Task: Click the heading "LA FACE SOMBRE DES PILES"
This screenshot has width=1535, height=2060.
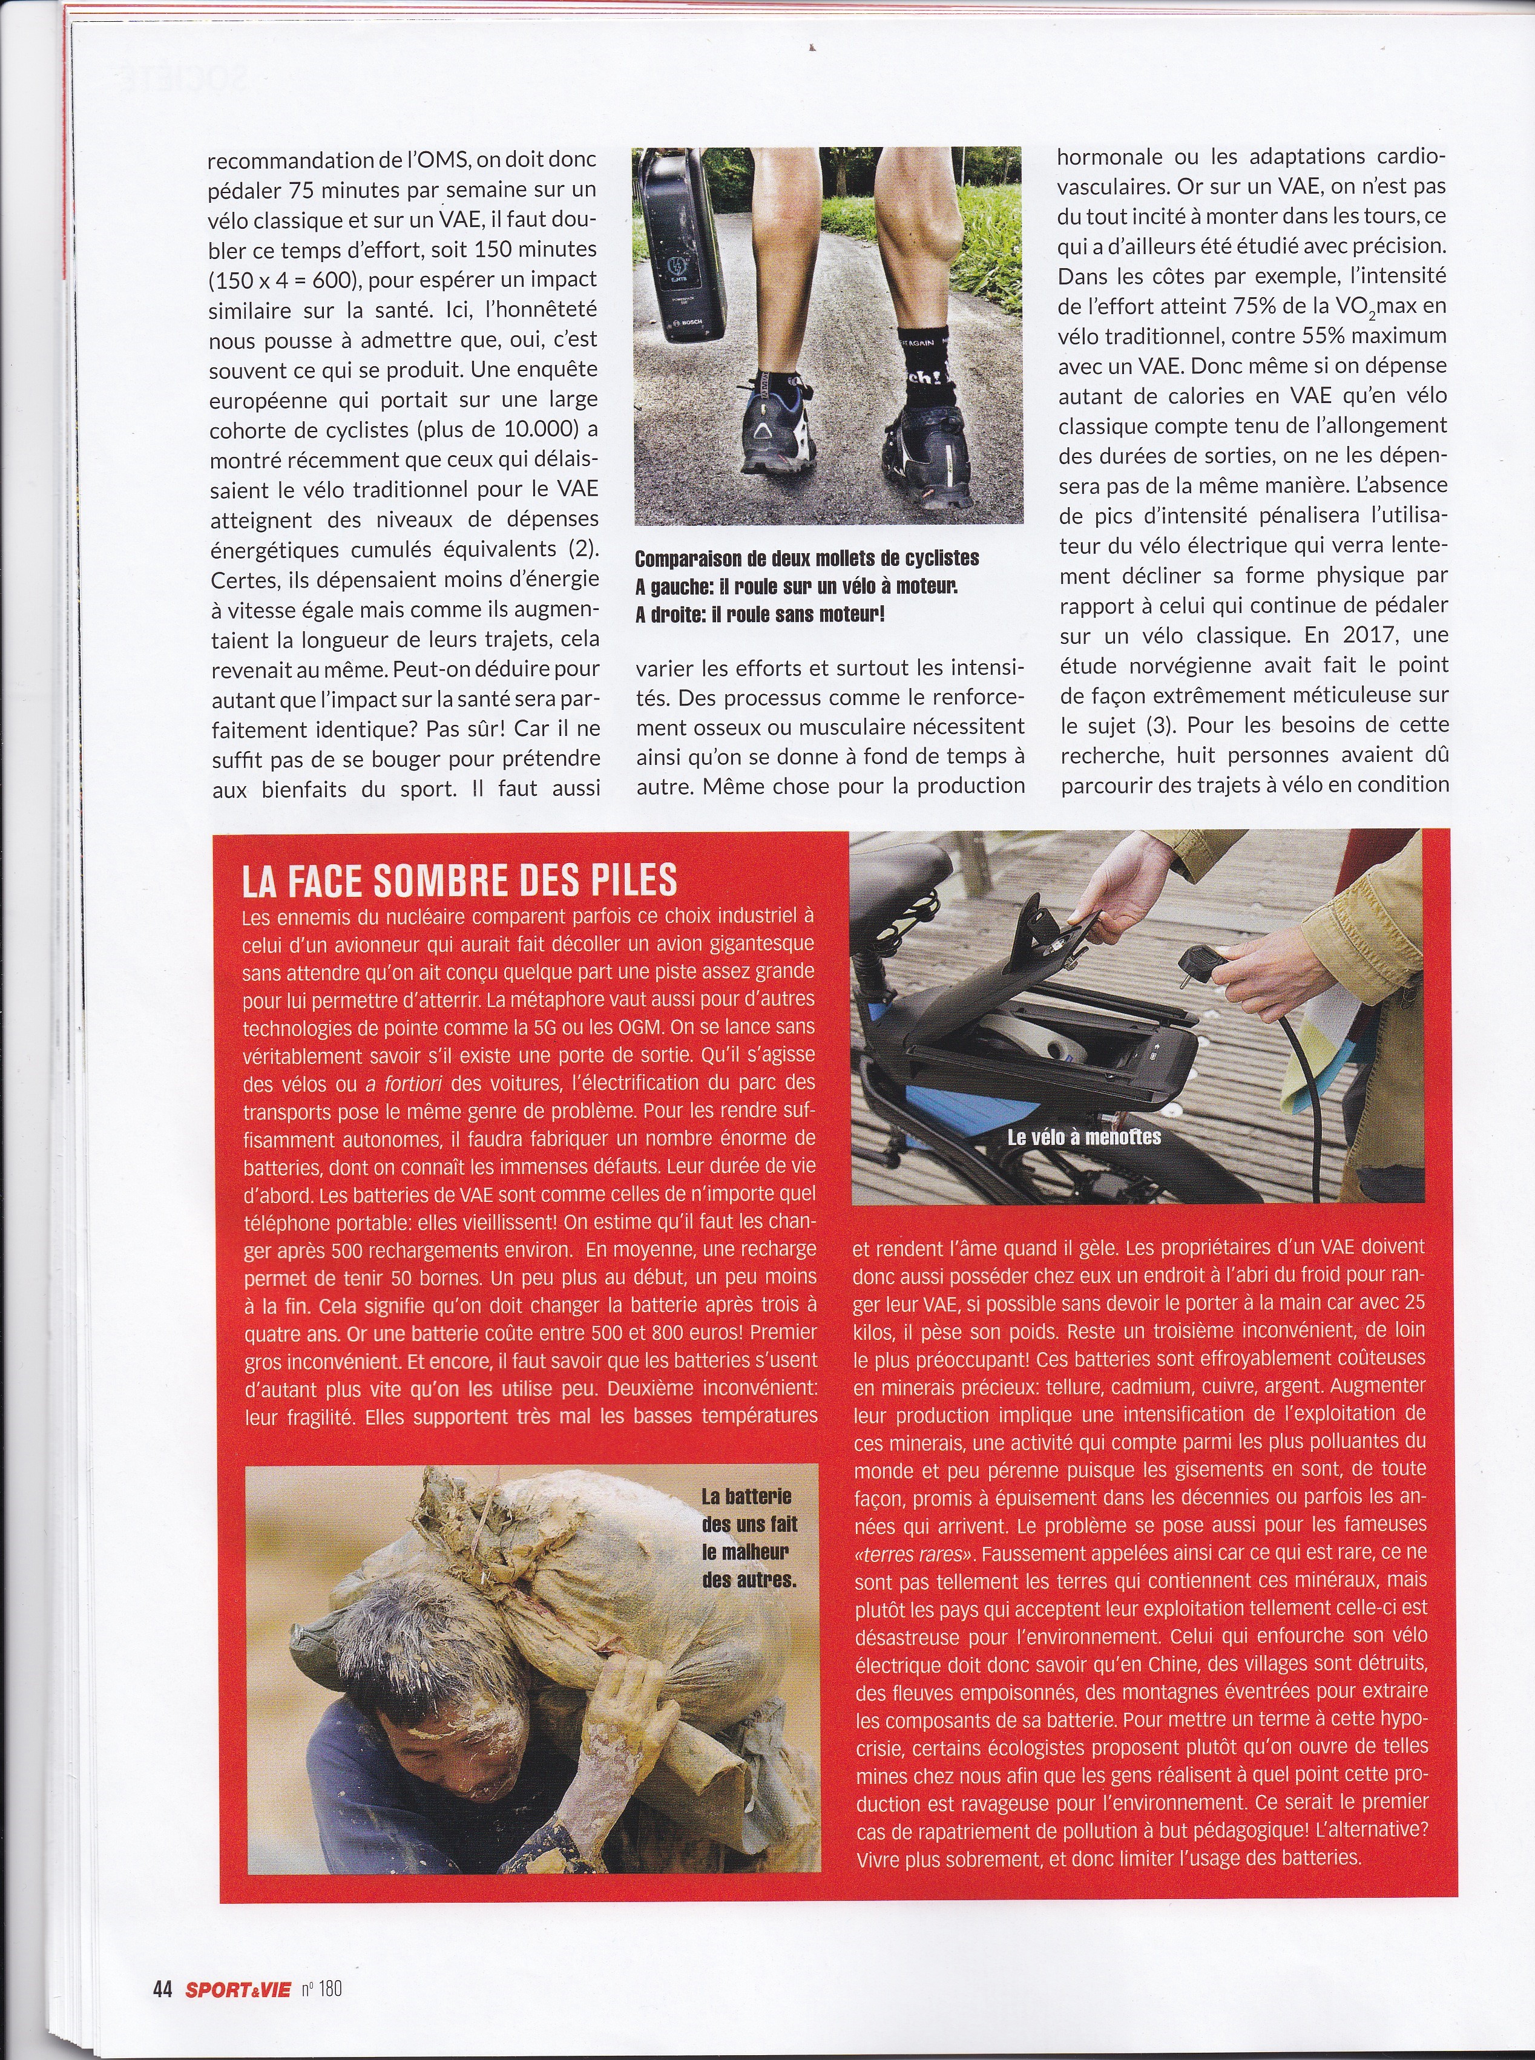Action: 459,881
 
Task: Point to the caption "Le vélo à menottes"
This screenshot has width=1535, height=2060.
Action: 1083,1137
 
